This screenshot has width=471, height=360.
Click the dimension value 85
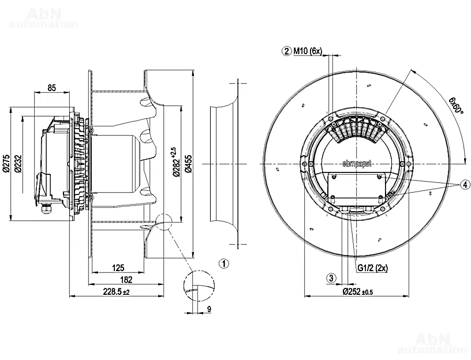(51, 88)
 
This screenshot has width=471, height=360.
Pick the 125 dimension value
(118, 268)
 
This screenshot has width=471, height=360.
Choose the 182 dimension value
(126, 280)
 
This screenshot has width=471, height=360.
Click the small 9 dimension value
(208, 310)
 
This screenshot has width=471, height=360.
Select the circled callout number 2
(286, 51)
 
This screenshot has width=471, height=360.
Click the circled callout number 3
(331, 278)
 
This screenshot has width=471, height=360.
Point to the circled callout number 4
(465, 185)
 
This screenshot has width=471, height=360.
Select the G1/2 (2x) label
(372, 268)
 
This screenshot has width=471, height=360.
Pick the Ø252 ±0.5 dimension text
(358, 292)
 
